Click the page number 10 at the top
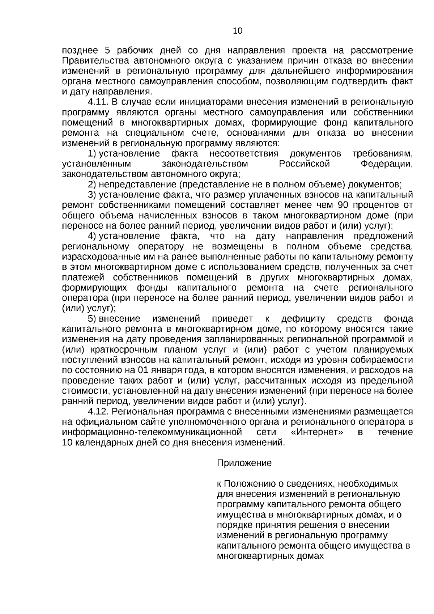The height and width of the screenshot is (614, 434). point(238,31)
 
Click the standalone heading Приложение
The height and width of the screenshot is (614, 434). point(244,463)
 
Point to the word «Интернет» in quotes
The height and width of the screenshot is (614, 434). point(317,432)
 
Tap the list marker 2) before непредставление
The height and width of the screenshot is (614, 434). point(92,185)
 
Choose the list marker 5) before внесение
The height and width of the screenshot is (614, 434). point(92,319)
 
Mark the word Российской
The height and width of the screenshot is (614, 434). point(305,164)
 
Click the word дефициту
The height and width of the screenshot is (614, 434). point(303,319)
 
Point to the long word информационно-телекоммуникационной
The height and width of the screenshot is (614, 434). point(152,432)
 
